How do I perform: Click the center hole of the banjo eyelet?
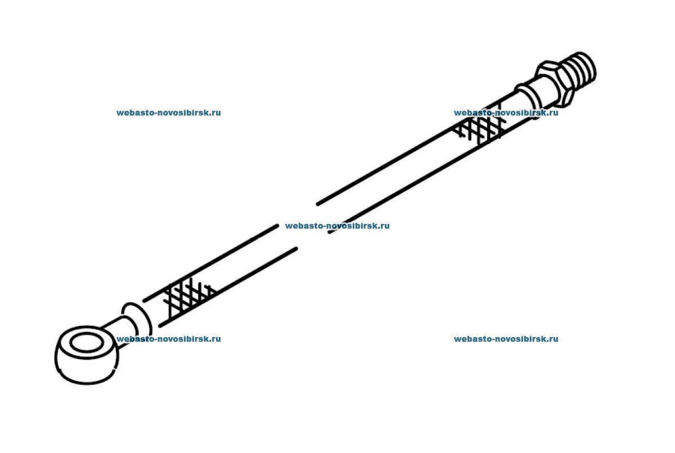[x=87, y=343]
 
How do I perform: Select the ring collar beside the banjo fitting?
[x=137, y=320]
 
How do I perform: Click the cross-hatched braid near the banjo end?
[x=189, y=299]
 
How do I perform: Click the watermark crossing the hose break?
[x=337, y=226]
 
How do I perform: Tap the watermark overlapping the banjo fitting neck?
[x=168, y=339]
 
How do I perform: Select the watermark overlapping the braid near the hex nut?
[x=506, y=113]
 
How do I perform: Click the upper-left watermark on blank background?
[x=168, y=113]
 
